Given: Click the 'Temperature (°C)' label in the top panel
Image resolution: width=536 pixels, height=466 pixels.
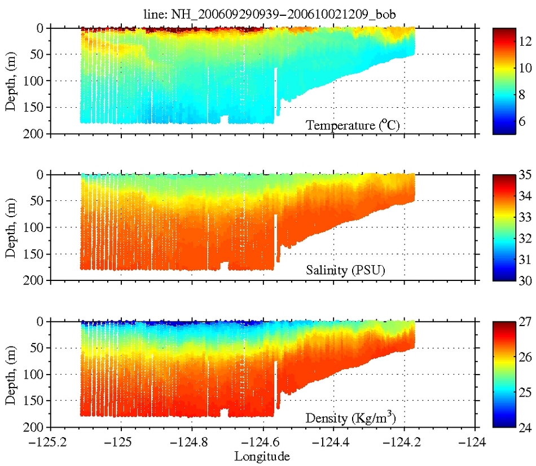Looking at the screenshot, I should coord(353,125).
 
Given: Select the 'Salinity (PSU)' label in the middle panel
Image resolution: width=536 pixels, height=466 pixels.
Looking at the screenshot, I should coord(350,271).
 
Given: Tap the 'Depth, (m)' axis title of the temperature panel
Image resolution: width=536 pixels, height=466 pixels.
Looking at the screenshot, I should coord(11,81).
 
